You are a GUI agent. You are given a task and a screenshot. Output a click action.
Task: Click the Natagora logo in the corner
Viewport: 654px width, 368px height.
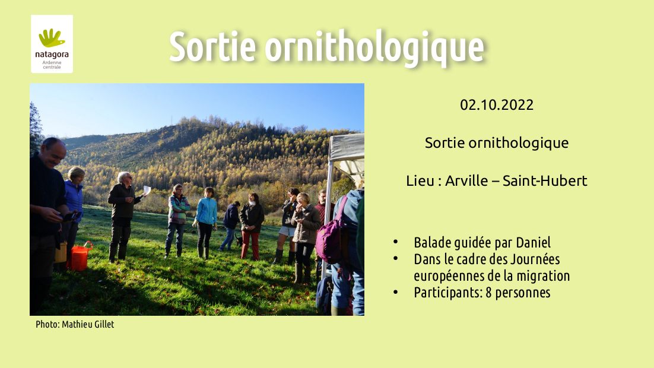(x=52, y=44)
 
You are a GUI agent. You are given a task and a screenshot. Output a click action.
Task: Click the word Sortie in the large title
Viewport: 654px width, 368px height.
(x=212, y=46)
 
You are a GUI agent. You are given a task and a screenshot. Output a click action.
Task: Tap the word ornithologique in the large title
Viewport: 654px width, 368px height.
(x=374, y=47)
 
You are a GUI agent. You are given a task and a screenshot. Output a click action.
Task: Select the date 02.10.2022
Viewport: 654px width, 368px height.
(x=497, y=104)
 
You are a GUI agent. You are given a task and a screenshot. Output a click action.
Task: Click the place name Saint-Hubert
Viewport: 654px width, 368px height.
(x=545, y=180)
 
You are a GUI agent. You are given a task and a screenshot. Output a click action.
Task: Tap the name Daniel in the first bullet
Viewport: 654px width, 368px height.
(x=533, y=242)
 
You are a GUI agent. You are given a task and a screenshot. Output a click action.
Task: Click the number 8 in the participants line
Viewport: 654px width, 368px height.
(x=488, y=293)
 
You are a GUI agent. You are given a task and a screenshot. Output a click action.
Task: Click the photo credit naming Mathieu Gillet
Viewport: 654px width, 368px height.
(x=75, y=324)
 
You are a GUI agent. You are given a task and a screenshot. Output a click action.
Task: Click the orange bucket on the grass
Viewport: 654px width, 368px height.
(x=80, y=256)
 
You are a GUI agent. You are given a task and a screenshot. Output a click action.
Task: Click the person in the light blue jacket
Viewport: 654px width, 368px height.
(x=206, y=223)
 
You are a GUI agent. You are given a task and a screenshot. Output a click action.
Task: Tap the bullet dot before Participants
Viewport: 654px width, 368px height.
(x=395, y=293)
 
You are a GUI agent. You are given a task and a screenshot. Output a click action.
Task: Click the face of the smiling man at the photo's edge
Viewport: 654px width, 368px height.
(x=55, y=152)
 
